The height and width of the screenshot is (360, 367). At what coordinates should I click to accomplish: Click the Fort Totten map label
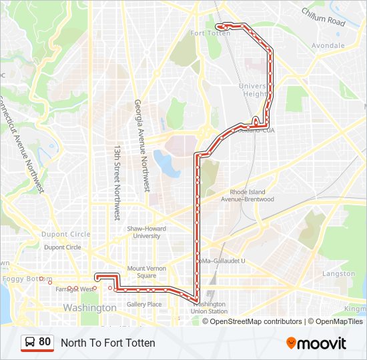pos(210,33)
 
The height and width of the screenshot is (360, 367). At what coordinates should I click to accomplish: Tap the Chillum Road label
pos(323,17)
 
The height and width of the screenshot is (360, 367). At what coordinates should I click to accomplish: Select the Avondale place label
pos(328,46)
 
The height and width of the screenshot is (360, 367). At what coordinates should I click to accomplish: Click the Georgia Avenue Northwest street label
pos(142,145)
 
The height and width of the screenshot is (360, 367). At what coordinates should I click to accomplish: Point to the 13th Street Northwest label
pos(116,183)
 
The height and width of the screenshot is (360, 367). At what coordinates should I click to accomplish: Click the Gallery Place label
pos(144,305)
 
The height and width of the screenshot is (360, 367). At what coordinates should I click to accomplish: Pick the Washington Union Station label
pos(208,307)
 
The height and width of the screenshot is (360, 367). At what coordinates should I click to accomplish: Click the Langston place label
pos(339,273)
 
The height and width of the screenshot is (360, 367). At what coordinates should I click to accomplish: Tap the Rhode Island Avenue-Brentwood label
pos(248,195)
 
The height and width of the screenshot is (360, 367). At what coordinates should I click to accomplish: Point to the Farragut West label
pos(75,289)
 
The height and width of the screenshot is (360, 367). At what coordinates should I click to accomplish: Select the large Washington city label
pos(89,308)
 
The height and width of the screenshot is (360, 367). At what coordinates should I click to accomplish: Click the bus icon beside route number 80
pos(30,343)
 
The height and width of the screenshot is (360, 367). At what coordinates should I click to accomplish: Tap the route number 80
pos(45,342)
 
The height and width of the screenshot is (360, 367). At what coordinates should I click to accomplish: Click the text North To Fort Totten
pos(108,343)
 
